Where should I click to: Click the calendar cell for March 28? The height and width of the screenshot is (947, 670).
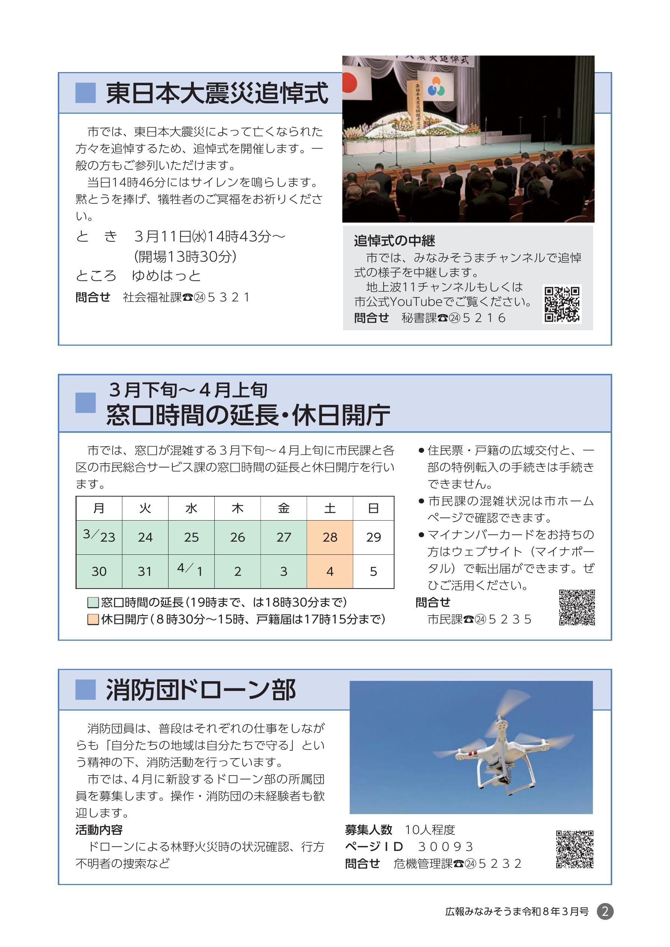[x=330, y=537]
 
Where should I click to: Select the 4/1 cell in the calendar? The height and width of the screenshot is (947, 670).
[x=191, y=571]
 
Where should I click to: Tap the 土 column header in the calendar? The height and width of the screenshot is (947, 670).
[x=330, y=508]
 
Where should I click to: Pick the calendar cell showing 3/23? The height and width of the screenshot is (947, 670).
[x=99, y=537]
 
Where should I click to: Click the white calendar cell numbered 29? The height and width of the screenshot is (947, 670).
[x=373, y=537]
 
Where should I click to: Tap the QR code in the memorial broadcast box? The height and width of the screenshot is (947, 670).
[x=562, y=304]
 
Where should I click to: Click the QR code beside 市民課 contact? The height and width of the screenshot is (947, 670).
[x=577, y=608]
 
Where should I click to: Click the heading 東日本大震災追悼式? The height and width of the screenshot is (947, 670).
[x=217, y=93]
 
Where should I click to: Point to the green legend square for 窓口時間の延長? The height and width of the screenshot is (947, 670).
[x=93, y=602]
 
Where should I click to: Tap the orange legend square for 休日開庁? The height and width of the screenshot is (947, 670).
[x=93, y=619]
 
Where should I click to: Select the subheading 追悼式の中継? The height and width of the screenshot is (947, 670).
[x=394, y=241]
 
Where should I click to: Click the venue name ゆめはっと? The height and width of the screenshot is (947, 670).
[x=166, y=276]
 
